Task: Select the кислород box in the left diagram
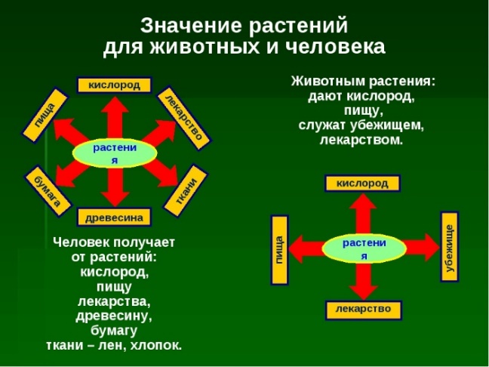(x=114, y=85)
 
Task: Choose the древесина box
(x=114, y=217)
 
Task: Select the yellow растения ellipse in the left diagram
(x=115, y=153)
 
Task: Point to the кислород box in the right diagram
(x=362, y=183)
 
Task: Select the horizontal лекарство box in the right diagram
(x=363, y=309)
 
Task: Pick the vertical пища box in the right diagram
(x=278, y=248)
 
